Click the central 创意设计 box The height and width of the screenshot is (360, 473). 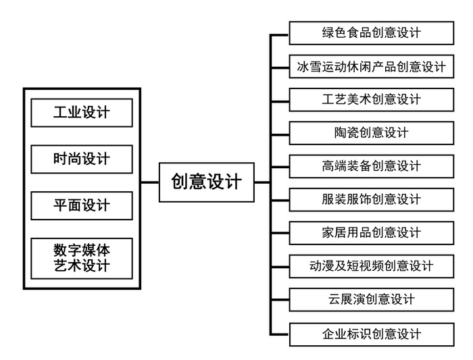coord(207,182)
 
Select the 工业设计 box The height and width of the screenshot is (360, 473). coord(82,113)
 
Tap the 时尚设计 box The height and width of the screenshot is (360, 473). coord(82,159)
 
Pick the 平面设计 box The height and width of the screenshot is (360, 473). coord(82,205)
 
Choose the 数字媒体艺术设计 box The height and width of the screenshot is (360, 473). coord(82,259)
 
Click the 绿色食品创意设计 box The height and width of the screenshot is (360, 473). coord(372,33)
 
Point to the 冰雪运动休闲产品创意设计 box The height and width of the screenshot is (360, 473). coord(372,66)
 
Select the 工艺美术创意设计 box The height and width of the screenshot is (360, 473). coord(372,99)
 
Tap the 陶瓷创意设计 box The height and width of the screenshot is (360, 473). coord(372,133)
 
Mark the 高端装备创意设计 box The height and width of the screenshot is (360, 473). coord(372,166)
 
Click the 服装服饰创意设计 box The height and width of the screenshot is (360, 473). coord(372,200)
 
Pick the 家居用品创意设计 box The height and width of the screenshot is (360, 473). coord(372,233)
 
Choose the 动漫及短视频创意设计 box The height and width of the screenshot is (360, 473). coord(372,266)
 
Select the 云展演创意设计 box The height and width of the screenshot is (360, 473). coord(372,300)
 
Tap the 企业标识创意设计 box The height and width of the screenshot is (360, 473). coord(372,334)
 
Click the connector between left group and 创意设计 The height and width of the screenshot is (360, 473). coord(150,182)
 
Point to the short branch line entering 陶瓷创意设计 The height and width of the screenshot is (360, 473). coord(280,135)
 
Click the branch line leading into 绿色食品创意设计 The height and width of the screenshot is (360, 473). coord(279,35)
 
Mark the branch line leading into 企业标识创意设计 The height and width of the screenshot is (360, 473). coord(279,334)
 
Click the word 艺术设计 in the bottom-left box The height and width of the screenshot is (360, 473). coord(82,265)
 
